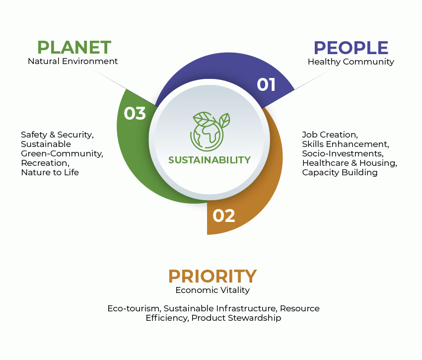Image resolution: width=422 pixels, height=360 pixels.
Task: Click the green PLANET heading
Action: click(74, 47)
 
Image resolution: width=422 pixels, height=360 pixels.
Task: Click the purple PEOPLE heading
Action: click(351, 48)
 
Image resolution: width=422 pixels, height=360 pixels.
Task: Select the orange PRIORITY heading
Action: click(212, 276)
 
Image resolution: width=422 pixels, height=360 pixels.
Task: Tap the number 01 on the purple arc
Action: click(266, 84)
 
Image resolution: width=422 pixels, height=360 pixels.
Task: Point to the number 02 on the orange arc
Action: click(223, 216)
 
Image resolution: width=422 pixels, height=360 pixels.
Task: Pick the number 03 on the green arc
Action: click(135, 113)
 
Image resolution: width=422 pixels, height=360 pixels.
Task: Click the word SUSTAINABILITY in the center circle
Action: click(210, 160)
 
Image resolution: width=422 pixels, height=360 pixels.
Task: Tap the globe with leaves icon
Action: click(210, 132)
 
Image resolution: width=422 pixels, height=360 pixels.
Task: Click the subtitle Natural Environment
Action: click(72, 62)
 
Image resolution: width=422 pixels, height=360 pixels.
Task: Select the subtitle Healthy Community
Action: click(351, 62)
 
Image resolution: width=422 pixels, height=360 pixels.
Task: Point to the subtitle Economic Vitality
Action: click(212, 290)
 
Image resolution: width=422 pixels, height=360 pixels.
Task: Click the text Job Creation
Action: click(330, 135)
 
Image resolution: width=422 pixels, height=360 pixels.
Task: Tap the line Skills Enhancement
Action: click(346, 144)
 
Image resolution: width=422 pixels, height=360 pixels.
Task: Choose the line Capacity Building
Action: click(340, 173)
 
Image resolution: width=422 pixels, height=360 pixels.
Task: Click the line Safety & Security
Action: click(57, 135)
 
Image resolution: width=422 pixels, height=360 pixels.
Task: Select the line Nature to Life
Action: click(50, 172)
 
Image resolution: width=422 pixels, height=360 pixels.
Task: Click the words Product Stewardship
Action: click(236, 318)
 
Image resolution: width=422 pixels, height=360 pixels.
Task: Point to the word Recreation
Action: click(45, 163)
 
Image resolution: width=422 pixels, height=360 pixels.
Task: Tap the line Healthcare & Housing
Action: click(350, 163)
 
